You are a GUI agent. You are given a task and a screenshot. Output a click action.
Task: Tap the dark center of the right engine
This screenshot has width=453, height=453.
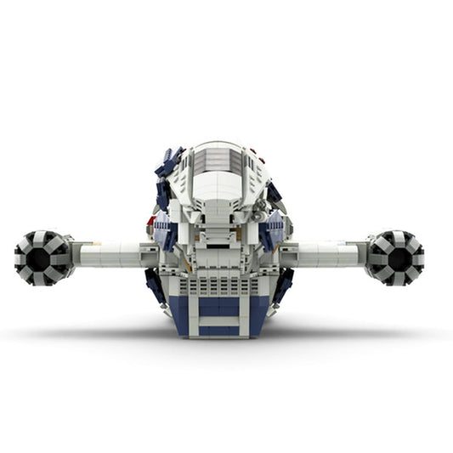396,257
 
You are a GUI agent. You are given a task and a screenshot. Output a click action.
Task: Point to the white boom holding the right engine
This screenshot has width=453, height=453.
327,252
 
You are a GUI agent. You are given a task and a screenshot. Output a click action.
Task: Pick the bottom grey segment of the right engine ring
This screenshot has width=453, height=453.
396,278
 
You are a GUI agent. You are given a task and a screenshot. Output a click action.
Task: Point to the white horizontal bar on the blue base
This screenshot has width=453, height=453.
220,314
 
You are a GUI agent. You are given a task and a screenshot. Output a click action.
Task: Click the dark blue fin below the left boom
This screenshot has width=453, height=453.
156,286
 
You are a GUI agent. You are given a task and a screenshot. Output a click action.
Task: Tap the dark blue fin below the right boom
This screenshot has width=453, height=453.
283,285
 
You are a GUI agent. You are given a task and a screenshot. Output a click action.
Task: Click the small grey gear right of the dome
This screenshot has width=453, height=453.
257,214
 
